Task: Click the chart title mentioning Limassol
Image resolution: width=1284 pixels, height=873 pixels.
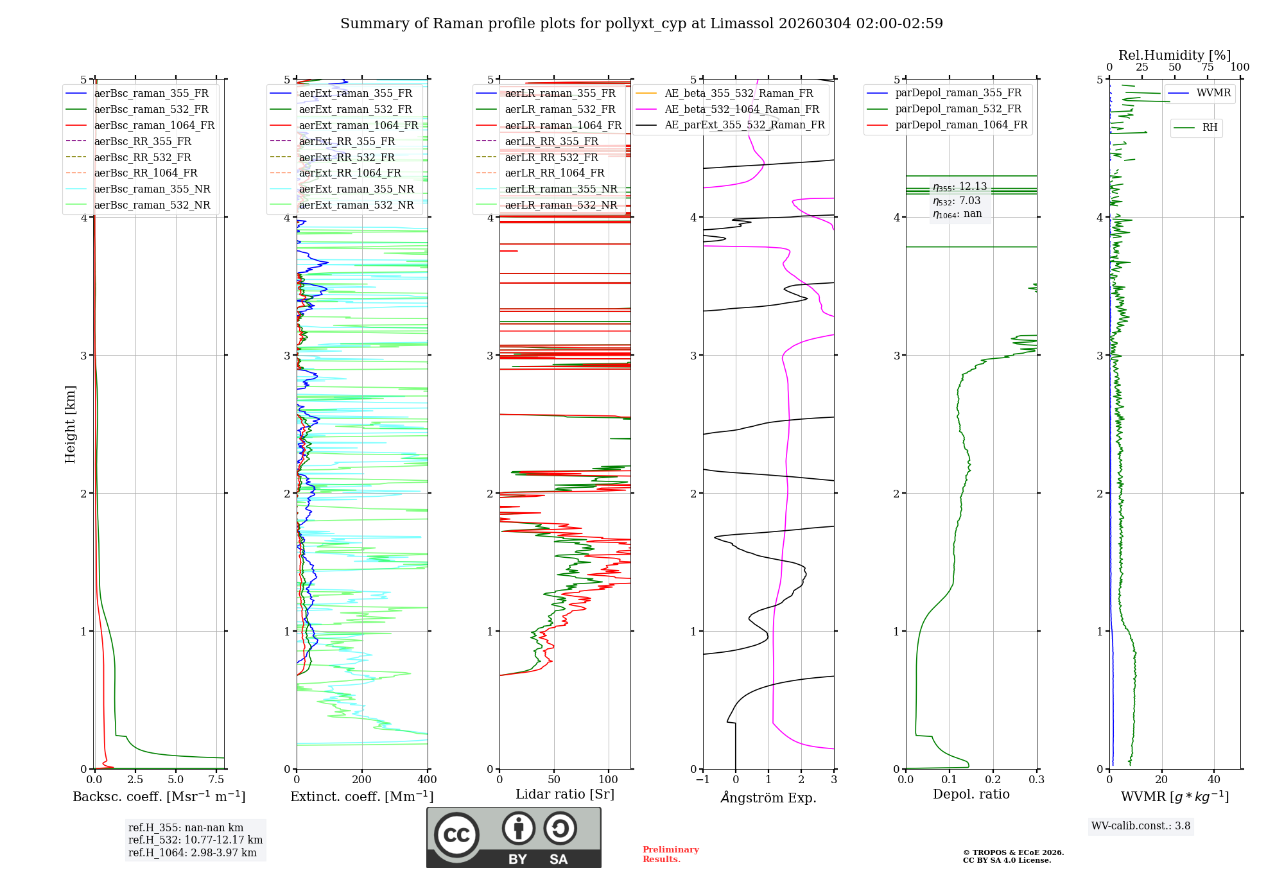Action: pos(641,24)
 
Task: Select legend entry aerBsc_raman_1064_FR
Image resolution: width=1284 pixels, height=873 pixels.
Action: pos(154,125)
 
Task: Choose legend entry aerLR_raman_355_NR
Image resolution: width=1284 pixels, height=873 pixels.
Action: pos(560,189)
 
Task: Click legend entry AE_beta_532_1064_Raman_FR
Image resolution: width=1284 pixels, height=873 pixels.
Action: pos(742,109)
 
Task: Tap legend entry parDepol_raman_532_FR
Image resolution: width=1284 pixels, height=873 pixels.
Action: pos(958,108)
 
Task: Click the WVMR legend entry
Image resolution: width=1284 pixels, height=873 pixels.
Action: pos(1213,93)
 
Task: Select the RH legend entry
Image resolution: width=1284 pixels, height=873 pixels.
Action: pos(1210,128)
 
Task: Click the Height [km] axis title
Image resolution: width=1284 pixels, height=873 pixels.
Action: pos(70,424)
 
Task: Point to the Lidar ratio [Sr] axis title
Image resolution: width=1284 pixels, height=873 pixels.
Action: pos(565,794)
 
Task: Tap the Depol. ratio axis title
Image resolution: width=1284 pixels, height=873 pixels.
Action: pos(971,794)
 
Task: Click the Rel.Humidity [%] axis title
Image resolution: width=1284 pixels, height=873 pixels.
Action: pos(1174,55)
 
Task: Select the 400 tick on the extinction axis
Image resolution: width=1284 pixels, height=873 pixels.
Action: pos(427,779)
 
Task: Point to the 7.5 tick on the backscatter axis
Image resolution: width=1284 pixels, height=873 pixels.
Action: pos(216,779)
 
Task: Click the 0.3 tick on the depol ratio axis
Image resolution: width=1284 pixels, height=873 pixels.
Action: pos(1036,779)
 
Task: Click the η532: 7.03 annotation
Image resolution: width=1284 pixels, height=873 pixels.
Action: pos(957,201)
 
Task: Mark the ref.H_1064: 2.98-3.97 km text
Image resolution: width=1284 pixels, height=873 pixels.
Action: pos(192,852)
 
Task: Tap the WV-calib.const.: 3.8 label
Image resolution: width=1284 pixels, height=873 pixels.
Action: pos(1141,826)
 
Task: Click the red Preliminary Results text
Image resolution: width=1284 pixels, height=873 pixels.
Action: pos(670,854)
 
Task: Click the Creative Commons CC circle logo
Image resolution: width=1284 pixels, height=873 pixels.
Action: pos(456,834)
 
